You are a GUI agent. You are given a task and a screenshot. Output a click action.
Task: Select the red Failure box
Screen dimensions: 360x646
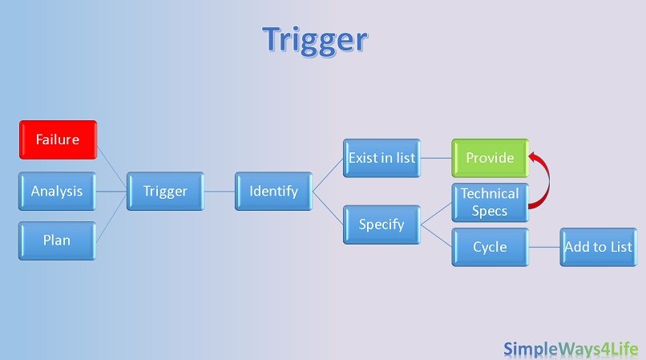click(x=58, y=140)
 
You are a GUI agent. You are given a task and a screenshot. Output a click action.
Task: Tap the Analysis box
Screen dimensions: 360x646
click(x=57, y=191)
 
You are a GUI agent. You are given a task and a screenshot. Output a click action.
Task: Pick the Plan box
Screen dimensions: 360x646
click(x=57, y=240)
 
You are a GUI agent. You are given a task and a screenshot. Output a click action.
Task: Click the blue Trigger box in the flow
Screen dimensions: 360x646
click(x=165, y=191)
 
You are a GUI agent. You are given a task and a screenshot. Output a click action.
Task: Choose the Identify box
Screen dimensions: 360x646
click(x=273, y=191)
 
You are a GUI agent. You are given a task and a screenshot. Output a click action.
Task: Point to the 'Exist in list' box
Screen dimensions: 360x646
click(x=382, y=158)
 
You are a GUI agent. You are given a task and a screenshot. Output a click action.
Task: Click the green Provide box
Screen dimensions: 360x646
click(x=490, y=158)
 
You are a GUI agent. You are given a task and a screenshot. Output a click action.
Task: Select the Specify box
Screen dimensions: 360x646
click(x=382, y=224)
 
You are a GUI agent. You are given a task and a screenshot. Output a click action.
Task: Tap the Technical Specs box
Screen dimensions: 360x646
click(x=490, y=202)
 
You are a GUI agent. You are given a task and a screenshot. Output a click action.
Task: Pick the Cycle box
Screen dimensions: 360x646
click(x=490, y=246)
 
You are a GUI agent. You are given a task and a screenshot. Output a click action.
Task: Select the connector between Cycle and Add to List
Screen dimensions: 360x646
click(x=544, y=246)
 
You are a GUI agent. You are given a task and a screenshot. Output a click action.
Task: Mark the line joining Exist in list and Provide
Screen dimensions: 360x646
click(x=436, y=158)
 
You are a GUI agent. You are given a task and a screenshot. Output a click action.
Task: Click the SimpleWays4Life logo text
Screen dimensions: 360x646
click(x=571, y=348)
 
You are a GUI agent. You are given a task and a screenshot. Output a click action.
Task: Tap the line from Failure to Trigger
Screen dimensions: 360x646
click(x=111, y=164)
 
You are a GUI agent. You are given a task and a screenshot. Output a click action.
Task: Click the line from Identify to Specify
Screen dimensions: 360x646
click(x=327, y=207)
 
